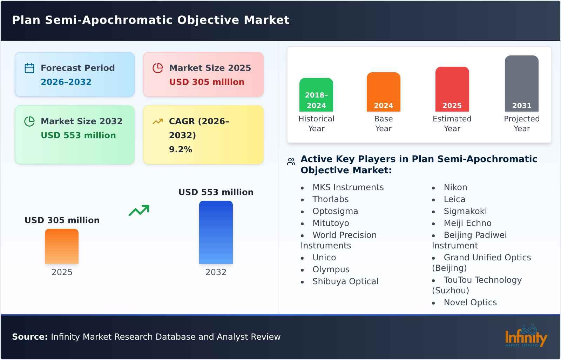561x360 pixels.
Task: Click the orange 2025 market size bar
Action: pos(62,246)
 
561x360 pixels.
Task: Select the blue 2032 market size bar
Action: pos(216,232)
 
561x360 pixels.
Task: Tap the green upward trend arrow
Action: pos(139,211)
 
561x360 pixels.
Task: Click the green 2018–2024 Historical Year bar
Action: pos(316,95)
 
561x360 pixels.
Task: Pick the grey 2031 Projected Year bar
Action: pos(521,84)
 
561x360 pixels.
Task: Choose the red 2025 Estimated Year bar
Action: pos(452,89)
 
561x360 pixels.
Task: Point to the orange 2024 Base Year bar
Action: pos(383,92)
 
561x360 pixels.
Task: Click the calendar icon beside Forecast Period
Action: pos(29,68)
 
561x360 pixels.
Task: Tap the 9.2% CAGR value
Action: pos(180,149)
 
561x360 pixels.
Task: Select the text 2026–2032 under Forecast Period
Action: pos(66,82)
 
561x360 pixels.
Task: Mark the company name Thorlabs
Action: pos(330,199)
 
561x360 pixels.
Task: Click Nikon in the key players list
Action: pos(455,187)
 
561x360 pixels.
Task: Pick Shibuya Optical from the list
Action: pos(345,281)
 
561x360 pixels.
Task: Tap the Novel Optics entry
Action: pos(470,302)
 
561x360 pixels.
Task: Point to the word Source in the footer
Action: pos(29,337)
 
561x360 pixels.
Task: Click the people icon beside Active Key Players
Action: pos(291,161)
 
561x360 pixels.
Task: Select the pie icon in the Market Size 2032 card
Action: pos(29,121)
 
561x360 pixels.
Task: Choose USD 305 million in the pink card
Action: pos(207,82)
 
